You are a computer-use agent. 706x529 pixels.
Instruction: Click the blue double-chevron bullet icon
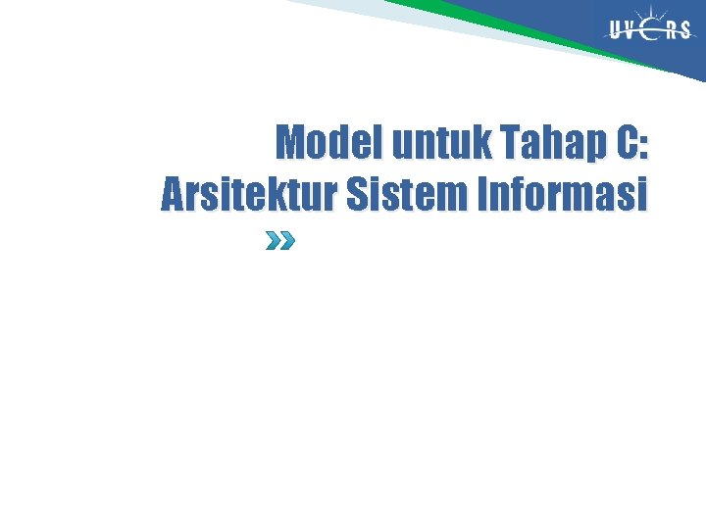(x=280, y=241)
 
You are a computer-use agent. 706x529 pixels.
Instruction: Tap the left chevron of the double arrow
(x=274, y=241)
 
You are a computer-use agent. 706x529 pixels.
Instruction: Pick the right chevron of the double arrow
(x=286, y=241)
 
